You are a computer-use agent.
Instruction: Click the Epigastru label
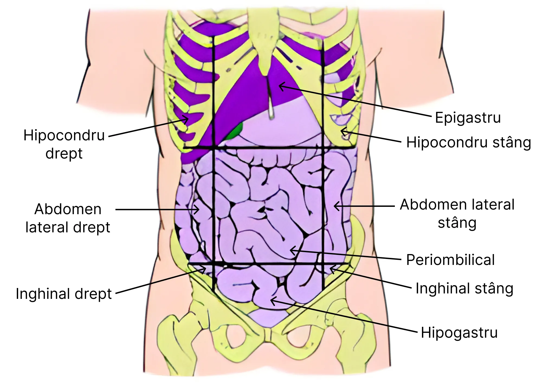click(x=468, y=118)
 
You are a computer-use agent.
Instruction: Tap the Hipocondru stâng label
click(x=469, y=143)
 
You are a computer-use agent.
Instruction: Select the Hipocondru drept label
click(x=64, y=144)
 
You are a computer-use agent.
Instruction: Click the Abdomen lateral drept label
click(x=68, y=218)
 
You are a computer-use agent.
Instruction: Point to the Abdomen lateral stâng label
click(x=457, y=214)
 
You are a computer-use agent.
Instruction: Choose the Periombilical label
click(x=450, y=260)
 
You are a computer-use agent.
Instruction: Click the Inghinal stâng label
click(x=464, y=288)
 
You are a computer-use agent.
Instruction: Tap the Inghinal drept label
click(x=64, y=294)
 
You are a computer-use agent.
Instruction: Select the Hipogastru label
click(x=459, y=333)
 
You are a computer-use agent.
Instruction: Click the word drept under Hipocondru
click(x=64, y=153)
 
